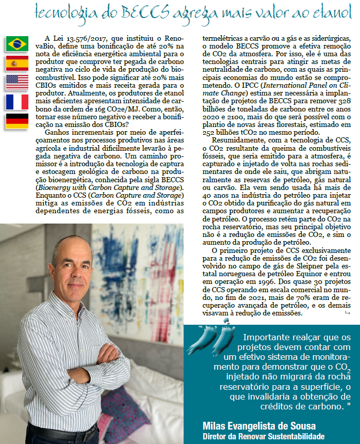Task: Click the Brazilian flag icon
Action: [x=17, y=44]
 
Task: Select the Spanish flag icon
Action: [x=17, y=63]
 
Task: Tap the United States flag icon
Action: [x=17, y=83]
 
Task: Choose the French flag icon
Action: [x=17, y=102]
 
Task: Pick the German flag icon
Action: [x=17, y=121]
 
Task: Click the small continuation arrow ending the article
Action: [x=347, y=313]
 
